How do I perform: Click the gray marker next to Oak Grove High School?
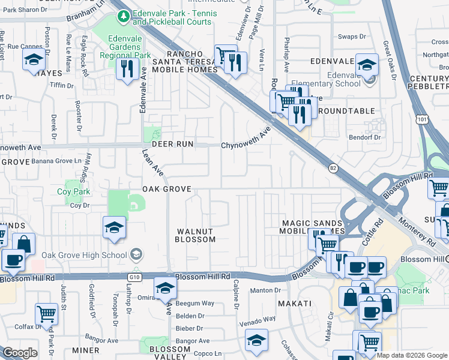(x=137, y=255)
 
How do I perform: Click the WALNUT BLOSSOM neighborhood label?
(x=194, y=235)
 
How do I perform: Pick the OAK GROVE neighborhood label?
(x=166, y=189)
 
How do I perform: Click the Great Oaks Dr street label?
(x=387, y=56)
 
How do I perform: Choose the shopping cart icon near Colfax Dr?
(x=46, y=313)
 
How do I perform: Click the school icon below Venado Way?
(x=256, y=340)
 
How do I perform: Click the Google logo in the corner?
(x=20, y=353)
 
